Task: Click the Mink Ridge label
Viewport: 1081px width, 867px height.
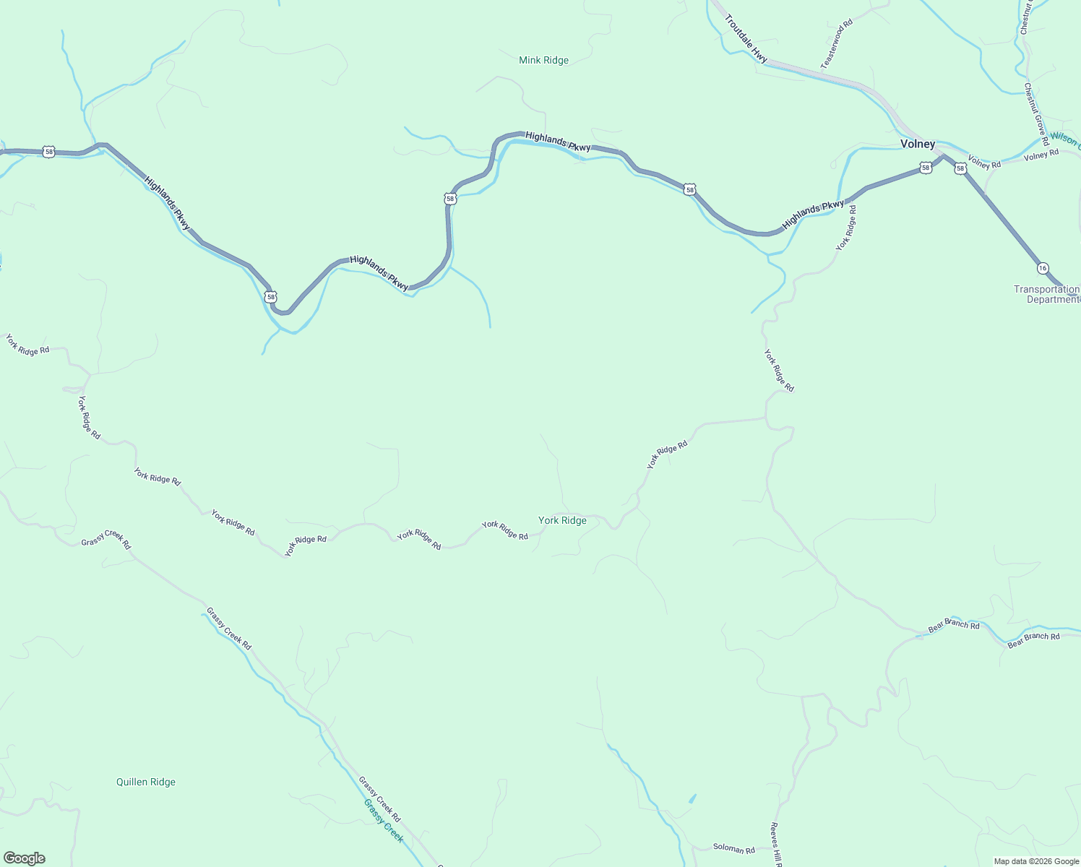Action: (543, 61)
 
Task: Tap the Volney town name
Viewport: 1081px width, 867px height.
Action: (918, 144)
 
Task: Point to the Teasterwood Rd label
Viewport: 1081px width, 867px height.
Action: (837, 44)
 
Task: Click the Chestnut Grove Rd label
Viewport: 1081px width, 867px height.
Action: (1035, 114)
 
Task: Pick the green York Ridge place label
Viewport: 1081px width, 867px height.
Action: (562, 520)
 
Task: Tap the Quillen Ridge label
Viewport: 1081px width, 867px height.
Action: (146, 782)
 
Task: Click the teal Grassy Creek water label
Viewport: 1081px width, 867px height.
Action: (383, 821)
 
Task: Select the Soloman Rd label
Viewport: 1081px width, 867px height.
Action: (733, 850)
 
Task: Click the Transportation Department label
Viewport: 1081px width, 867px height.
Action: (1047, 294)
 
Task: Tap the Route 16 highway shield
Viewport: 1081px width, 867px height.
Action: (1042, 268)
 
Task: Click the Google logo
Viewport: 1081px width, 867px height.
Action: (24, 858)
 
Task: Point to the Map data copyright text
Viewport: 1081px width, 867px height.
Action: (1035, 861)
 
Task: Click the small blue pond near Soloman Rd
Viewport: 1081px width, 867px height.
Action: (693, 798)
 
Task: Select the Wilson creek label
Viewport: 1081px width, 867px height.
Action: (1064, 139)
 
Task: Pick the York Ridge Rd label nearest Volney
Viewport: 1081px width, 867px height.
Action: (846, 228)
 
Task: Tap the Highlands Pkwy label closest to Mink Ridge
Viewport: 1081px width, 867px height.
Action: (558, 142)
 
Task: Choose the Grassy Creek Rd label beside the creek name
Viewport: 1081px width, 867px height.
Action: (379, 799)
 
